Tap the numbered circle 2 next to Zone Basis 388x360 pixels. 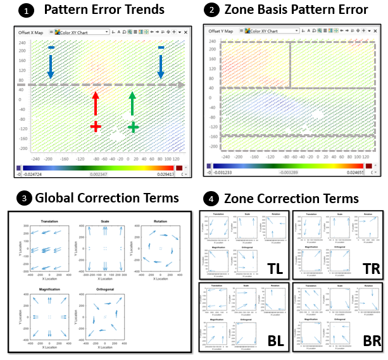(x=212, y=9)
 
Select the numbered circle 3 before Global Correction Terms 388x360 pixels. (x=25, y=199)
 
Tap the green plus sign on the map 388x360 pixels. (x=133, y=127)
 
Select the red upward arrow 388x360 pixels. (x=96, y=104)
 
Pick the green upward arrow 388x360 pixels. (x=132, y=104)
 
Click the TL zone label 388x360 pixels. (x=275, y=270)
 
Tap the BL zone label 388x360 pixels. (x=275, y=340)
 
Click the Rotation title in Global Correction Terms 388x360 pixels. (x=160, y=221)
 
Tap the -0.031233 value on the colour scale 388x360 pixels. (x=223, y=171)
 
